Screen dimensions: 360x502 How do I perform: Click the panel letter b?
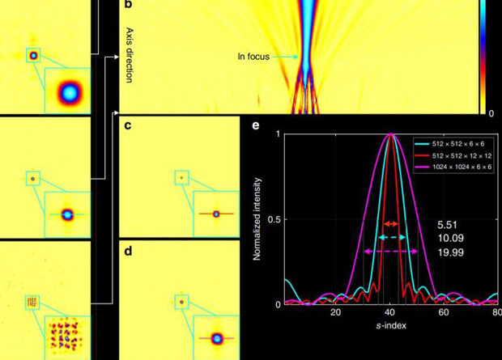click(127, 6)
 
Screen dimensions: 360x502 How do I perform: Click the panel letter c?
click(127, 125)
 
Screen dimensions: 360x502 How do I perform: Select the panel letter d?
click(127, 252)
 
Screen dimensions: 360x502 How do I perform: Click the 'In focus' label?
click(253, 57)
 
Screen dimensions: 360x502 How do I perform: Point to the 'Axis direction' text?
click(129, 55)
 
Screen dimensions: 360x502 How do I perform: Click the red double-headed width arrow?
click(391, 222)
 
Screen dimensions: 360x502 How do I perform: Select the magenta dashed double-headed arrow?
click(391, 252)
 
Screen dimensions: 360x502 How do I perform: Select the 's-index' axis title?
click(389, 324)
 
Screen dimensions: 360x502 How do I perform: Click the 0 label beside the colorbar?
click(491, 113)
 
